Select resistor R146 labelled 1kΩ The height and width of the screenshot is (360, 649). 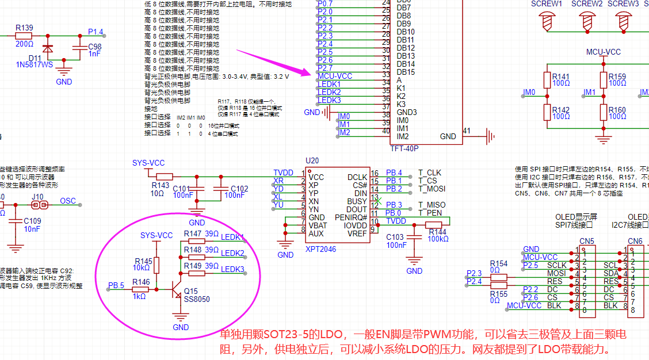pos(140,290)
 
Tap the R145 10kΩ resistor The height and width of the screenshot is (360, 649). pos(156,265)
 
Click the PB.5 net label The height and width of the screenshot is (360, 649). pos(117,285)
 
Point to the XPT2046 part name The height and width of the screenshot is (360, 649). pos(321,249)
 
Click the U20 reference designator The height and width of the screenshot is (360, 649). pos(312,160)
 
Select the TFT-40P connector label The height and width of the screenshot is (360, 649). pos(404,148)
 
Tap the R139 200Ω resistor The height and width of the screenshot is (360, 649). pos(24,36)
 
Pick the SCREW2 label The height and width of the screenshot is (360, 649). pos(587,3)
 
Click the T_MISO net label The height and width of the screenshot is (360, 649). pos(432,205)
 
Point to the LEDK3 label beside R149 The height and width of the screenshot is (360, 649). pos(232,269)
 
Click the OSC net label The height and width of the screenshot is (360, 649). pos(68,201)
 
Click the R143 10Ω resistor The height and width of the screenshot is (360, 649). pos(165,177)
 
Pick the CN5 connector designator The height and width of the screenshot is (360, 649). pos(587,241)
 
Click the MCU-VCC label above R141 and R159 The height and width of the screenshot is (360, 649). pos(604,52)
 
